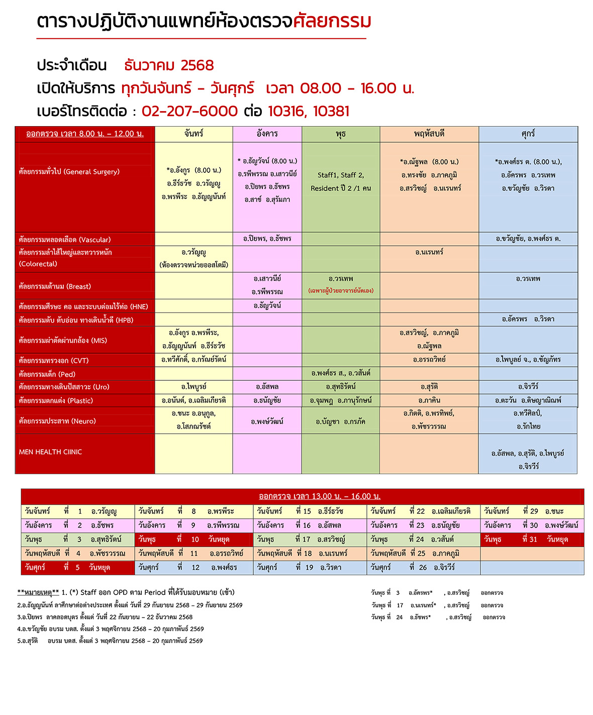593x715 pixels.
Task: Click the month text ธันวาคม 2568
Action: (x=169, y=65)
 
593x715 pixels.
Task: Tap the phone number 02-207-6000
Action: (x=189, y=111)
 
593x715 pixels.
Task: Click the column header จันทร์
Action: (x=193, y=134)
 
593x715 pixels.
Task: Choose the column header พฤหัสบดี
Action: (x=429, y=134)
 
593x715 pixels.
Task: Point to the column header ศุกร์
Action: (x=528, y=134)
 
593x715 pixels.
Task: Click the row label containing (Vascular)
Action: (x=65, y=240)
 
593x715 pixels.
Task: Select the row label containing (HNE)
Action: (x=83, y=307)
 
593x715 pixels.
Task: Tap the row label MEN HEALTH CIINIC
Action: (x=50, y=452)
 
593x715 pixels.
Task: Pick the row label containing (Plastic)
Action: (x=56, y=400)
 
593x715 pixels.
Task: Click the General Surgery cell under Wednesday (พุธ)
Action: (x=341, y=181)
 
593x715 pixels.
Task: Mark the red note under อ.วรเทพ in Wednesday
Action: (x=341, y=290)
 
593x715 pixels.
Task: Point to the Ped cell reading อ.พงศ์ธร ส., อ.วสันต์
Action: (x=341, y=373)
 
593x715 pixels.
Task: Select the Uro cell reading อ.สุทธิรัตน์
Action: (x=341, y=386)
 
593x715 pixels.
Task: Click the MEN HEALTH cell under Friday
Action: (x=528, y=459)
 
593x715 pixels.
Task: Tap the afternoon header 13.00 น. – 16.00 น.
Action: (x=320, y=496)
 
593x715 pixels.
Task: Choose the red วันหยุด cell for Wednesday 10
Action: (x=194, y=539)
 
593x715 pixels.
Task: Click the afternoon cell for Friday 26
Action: (x=423, y=567)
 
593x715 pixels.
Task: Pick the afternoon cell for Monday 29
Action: (x=532, y=511)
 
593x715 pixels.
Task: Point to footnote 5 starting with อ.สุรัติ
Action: (x=110, y=641)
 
